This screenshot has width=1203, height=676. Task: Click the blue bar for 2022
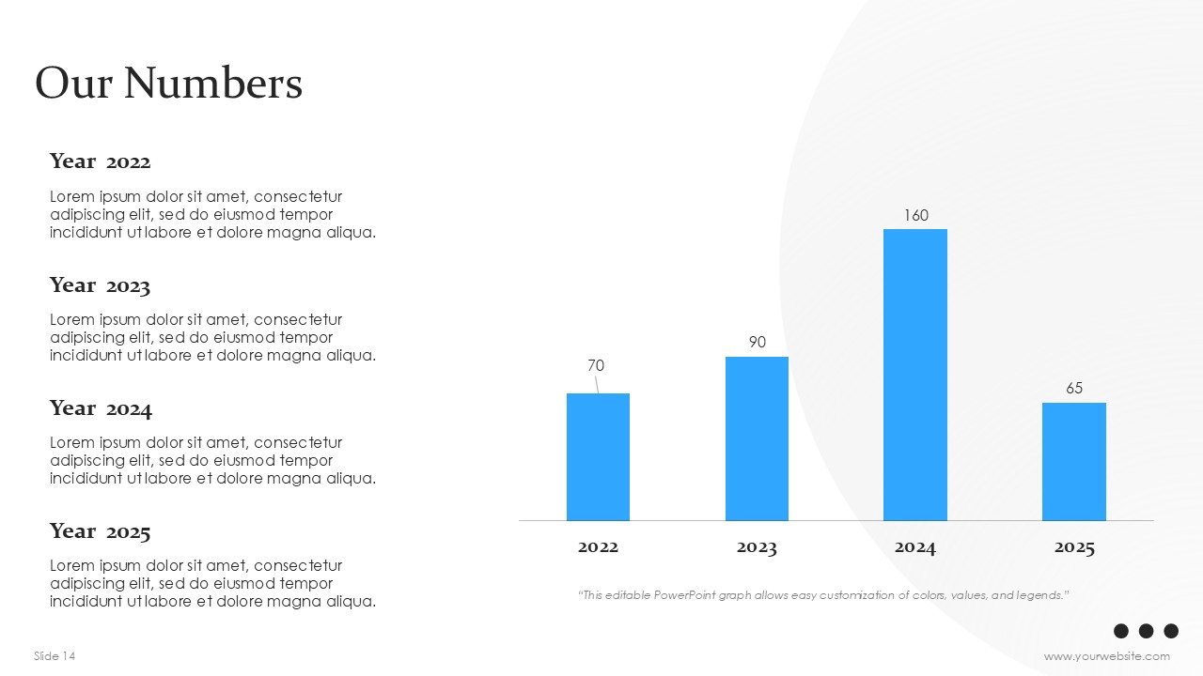tap(598, 457)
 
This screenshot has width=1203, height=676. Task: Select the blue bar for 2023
tap(757, 438)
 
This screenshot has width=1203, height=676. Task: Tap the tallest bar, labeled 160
tap(915, 375)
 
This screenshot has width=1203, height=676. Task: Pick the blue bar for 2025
tap(1074, 462)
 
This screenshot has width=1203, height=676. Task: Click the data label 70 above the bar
tap(596, 365)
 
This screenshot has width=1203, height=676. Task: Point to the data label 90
tap(758, 342)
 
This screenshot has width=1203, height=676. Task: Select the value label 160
tap(916, 215)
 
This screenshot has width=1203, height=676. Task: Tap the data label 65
tap(1074, 388)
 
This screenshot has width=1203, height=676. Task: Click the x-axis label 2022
tap(598, 547)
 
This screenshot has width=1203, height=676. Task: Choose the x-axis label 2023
tap(757, 547)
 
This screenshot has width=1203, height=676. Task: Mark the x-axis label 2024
tap(915, 547)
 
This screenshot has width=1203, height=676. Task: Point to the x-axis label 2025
tap(1074, 547)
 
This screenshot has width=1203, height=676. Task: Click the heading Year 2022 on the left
tap(100, 161)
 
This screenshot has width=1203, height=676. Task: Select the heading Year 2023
tap(100, 285)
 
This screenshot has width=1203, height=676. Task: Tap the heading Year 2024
tap(101, 408)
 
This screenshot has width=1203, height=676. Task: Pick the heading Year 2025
tap(100, 531)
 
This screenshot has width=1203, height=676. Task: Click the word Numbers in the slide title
tap(213, 84)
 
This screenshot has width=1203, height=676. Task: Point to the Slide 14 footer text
tap(55, 655)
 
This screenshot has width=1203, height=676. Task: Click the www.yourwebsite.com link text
tap(1107, 656)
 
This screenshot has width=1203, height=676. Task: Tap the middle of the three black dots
tap(1146, 631)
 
